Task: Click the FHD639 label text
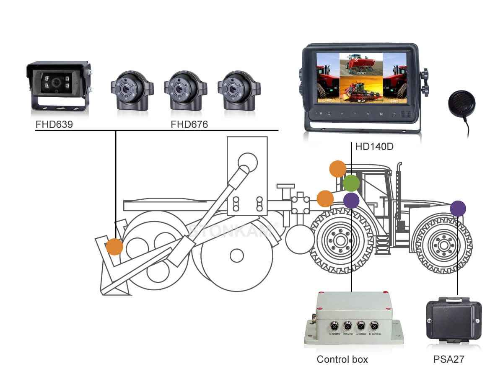[54, 124]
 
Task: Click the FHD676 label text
[189, 124]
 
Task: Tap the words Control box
[342, 359]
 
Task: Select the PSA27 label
[449, 359]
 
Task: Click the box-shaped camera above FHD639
[59, 85]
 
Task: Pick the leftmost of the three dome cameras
[129, 90]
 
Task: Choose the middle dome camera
[183, 90]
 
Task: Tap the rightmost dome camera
[236, 90]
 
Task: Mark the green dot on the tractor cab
[351, 183]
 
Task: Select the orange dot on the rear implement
[114, 247]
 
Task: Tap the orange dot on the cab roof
[337, 169]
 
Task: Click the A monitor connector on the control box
[335, 325]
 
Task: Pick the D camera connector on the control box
[373, 325]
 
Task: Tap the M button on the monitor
[381, 114]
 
